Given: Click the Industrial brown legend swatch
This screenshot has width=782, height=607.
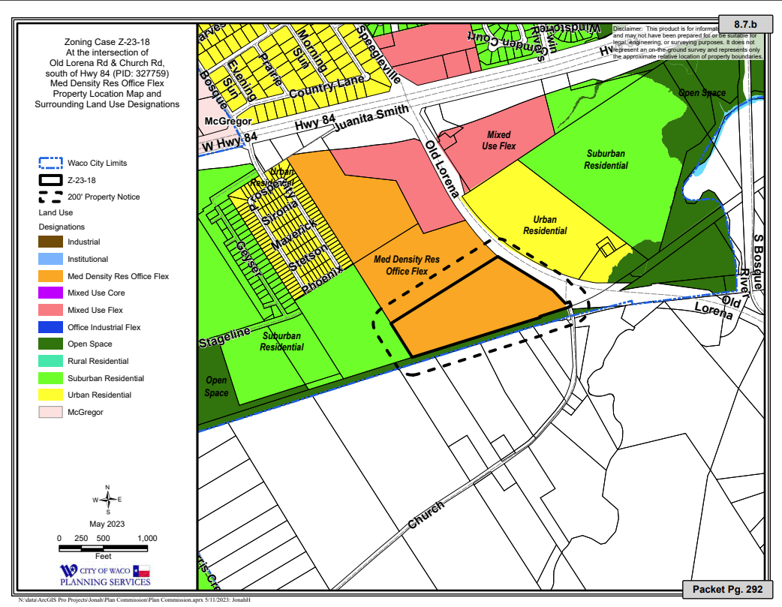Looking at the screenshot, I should point(52,242).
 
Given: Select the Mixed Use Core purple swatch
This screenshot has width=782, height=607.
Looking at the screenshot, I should point(52,293).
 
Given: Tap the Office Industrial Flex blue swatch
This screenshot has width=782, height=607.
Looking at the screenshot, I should point(52,327).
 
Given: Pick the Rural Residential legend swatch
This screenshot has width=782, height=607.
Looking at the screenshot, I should point(52,361).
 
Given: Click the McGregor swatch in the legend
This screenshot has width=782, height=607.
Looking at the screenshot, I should point(52,412).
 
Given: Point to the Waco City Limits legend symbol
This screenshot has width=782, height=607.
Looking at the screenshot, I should point(52,163).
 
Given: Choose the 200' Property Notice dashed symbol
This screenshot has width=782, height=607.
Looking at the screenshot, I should point(52,197).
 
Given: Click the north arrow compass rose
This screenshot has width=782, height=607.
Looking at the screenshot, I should point(108,499).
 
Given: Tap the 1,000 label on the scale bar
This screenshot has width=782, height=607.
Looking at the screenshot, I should point(147,538).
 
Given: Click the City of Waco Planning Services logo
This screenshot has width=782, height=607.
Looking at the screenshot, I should point(105,575).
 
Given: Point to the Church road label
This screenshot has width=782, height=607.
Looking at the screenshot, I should point(426,516).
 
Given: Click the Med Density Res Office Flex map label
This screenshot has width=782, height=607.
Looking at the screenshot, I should point(407,265).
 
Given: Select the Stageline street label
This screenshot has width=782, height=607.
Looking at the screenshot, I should point(224,338).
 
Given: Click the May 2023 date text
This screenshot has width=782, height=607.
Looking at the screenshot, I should point(107,523).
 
